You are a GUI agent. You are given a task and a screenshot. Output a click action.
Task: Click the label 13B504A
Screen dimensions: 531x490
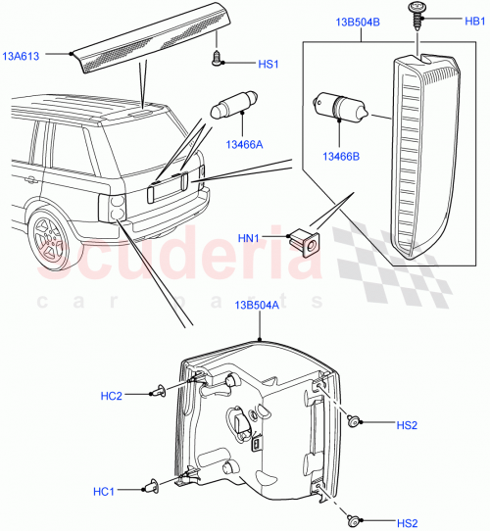click(x=257, y=305)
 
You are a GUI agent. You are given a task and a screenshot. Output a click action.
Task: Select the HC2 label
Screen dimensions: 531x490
click(x=112, y=396)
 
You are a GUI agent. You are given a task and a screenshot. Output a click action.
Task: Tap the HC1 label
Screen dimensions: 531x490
click(x=106, y=490)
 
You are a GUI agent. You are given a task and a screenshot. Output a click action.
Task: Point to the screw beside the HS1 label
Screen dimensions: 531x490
click(x=218, y=60)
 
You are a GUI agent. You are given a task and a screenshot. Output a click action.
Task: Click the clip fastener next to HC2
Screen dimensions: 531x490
click(x=157, y=394)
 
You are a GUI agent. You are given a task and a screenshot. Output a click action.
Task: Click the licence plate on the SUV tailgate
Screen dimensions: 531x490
click(x=166, y=188)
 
